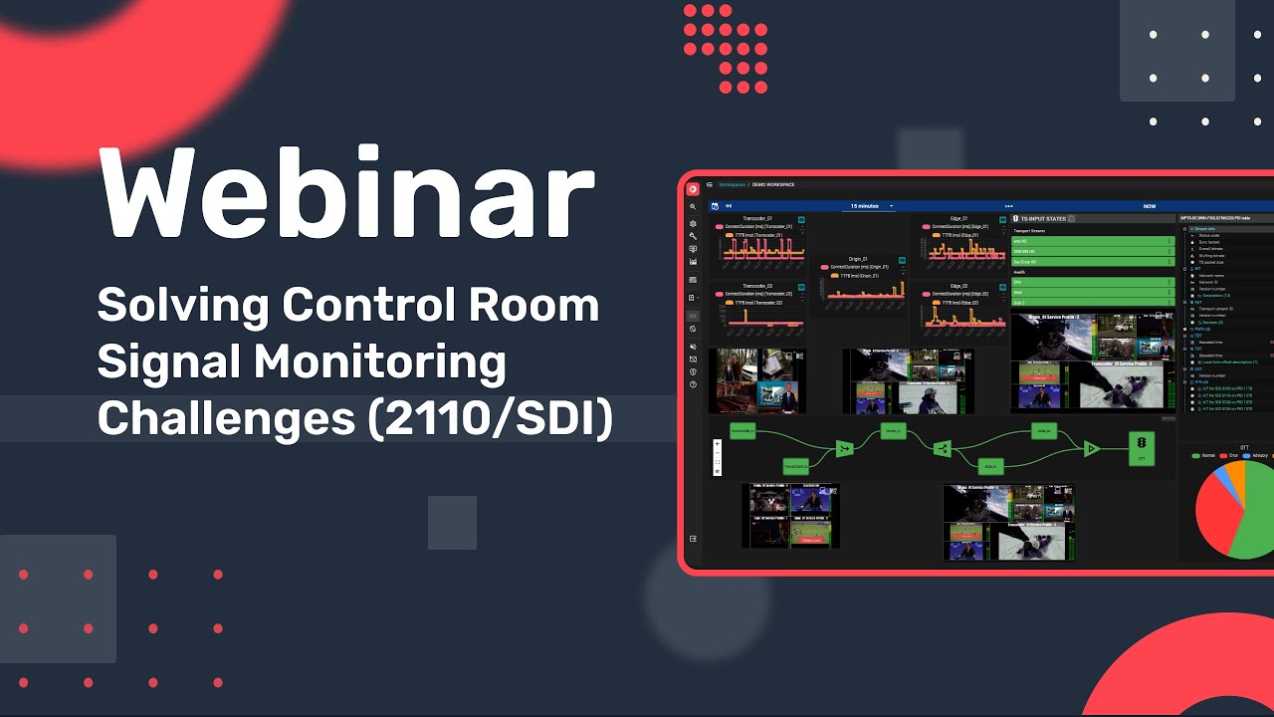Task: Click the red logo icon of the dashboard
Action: (693, 188)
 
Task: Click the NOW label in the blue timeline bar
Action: (1150, 206)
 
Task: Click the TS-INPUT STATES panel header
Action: (1042, 218)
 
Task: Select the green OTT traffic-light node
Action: (1141, 448)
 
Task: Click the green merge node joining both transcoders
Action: (844, 449)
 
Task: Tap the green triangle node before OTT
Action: (1091, 449)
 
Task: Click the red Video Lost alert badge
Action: (811, 540)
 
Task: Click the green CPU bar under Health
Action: (1092, 282)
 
